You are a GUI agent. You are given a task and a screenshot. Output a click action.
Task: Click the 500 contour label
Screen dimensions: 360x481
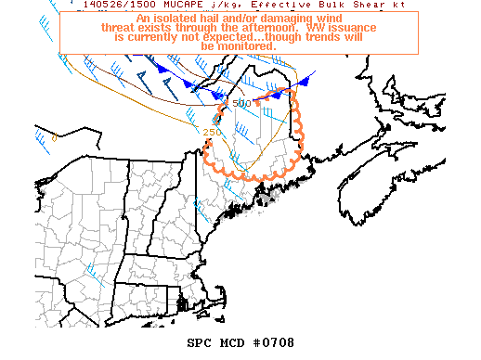(x=242, y=102)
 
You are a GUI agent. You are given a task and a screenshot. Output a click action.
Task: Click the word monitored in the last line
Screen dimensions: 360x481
(x=246, y=46)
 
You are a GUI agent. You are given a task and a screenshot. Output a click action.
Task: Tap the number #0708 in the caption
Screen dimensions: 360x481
(x=274, y=342)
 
